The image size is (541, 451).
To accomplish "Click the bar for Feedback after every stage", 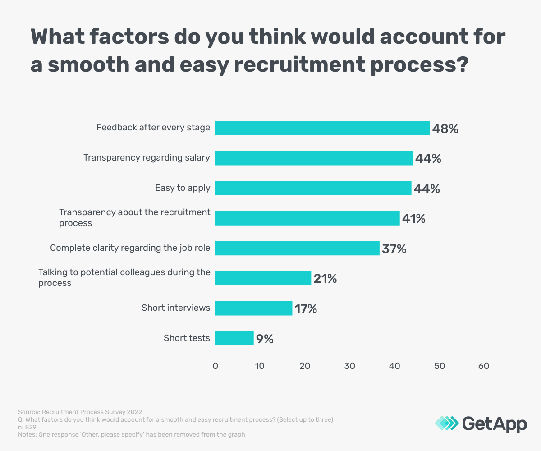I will click(322, 128).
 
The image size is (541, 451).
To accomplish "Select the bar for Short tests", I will click(234, 338).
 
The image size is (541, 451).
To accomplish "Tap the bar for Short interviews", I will click(253, 308).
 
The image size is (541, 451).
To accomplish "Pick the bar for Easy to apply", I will click(313, 188).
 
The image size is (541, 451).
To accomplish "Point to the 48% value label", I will click(445, 129).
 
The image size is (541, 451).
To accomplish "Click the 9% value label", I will click(265, 339).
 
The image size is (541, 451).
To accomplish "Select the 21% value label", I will click(325, 279).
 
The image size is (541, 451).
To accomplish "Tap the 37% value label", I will click(394, 249).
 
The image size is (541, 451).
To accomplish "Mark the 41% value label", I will click(413, 219).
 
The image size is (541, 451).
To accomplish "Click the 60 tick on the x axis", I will click(484, 366).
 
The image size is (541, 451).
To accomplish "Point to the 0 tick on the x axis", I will click(215, 366).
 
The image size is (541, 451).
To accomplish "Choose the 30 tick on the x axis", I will click(349, 366).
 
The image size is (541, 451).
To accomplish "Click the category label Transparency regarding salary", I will click(147, 158).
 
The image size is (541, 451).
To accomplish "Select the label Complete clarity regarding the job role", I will click(130, 248).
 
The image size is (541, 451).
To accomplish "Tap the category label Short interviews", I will click(176, 308).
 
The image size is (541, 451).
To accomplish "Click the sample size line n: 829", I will click(27, 427).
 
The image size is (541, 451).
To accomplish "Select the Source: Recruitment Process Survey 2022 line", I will click(80, 412).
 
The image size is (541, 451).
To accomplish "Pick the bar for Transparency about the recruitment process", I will click(307, 218).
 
